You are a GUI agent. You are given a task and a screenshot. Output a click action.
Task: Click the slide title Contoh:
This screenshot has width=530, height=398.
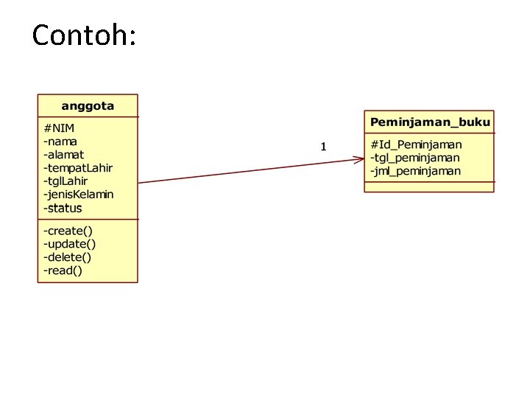84,34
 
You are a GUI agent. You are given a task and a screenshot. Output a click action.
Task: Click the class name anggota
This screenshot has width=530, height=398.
88,105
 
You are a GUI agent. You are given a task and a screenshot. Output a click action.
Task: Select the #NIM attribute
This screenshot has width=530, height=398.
59,128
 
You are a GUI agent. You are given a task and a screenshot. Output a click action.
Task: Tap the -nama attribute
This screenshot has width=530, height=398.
60,141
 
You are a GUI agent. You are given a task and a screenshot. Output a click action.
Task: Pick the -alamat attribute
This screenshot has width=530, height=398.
64,154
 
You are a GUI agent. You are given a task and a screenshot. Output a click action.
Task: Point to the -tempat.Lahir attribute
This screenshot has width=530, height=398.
78,167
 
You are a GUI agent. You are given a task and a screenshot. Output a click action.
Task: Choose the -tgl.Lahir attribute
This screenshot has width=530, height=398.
66,181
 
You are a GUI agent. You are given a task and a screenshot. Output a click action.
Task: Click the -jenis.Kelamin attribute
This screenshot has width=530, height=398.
79,195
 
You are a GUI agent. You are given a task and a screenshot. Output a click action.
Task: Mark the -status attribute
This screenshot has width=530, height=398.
63,208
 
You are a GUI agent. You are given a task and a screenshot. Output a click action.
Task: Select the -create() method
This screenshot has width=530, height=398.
68,231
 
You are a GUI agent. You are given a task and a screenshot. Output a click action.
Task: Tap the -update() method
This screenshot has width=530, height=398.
70,244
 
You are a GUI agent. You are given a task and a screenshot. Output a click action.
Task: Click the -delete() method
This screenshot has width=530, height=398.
68,257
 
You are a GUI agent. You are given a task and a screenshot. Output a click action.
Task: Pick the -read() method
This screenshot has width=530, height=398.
63,270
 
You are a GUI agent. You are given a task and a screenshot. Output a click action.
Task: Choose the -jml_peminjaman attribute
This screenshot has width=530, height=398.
416,171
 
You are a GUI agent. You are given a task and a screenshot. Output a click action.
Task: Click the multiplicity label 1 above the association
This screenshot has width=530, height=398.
323,147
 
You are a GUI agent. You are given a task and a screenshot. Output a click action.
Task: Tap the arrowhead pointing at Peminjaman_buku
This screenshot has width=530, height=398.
358,158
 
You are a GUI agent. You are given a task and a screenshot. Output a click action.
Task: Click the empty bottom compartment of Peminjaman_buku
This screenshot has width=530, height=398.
429,186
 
